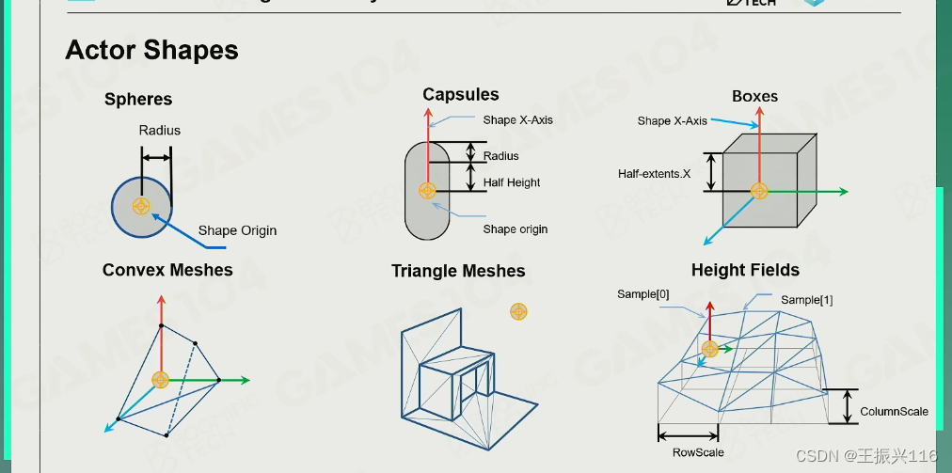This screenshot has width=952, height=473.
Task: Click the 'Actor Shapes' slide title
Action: click(x=151, y=50)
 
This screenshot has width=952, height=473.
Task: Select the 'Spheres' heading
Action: click(x=138, y=100)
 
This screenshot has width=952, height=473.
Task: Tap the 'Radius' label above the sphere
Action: click(x=159, y=130)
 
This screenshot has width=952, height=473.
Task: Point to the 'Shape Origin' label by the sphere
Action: click(x=237, y=230)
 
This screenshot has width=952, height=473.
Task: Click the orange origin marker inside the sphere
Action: click(x=141, y=206)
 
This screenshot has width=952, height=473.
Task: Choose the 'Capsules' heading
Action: click(x=460, y=94)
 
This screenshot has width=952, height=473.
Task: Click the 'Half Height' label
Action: click(x=512, y=182)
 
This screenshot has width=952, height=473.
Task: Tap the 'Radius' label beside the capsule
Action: click(x=500, y=156)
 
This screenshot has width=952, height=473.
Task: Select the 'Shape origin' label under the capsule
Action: click(x=515, y=229)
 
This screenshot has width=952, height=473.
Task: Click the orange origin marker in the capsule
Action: click(x=427, y=190)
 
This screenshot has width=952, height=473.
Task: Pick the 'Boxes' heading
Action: click(x=754, y=96)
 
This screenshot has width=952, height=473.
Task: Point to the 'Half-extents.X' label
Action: click(x=654, y=174)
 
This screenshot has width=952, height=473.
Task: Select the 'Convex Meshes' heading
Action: click(x=167, y=270)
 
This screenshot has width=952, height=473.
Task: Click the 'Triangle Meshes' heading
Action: click(x=458, y=271)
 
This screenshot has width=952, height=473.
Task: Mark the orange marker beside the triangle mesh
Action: click(x=517, y=311)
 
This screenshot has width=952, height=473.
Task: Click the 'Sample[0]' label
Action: click(x=643, y=294)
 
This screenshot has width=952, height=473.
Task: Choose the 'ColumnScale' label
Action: click(x=894, y=411)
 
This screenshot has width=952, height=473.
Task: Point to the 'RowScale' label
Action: click(x=698, y=452)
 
